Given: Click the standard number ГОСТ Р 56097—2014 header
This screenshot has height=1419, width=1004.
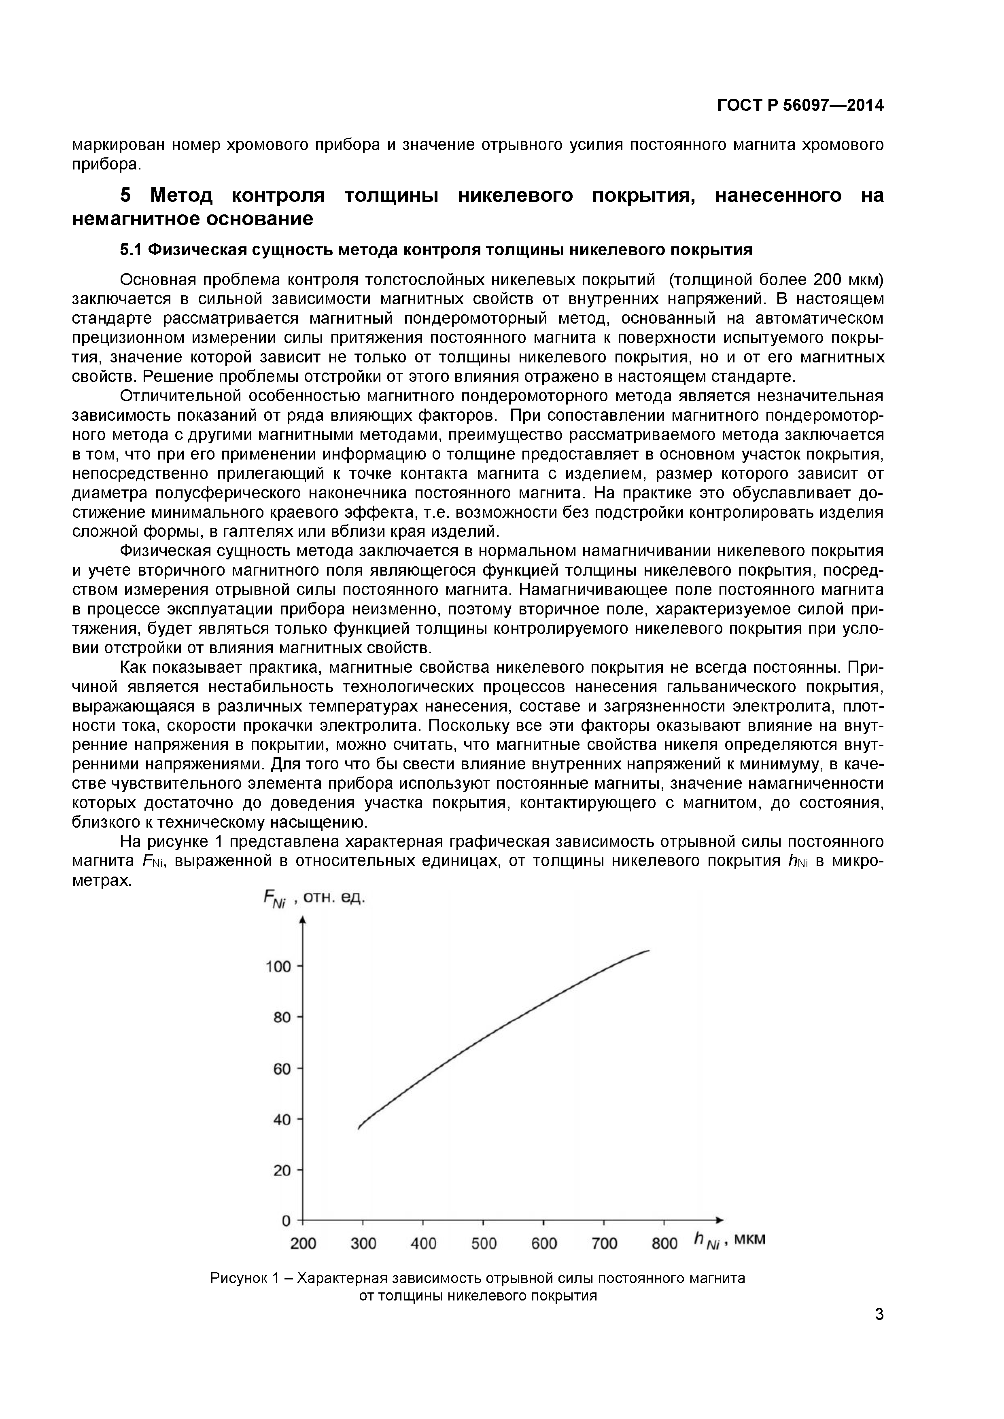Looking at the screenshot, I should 800,106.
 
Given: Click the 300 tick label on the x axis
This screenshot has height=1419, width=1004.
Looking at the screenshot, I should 363,1243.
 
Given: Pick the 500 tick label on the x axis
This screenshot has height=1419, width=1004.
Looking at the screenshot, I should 484,1243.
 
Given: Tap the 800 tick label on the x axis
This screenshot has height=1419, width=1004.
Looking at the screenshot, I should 664,1243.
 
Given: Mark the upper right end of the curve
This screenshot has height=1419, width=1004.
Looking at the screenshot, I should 649,951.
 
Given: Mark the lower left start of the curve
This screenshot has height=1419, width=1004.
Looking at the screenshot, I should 359,1129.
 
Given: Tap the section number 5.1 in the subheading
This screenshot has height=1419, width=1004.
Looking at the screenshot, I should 131,250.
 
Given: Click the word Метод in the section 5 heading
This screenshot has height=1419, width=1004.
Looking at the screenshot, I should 182,195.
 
